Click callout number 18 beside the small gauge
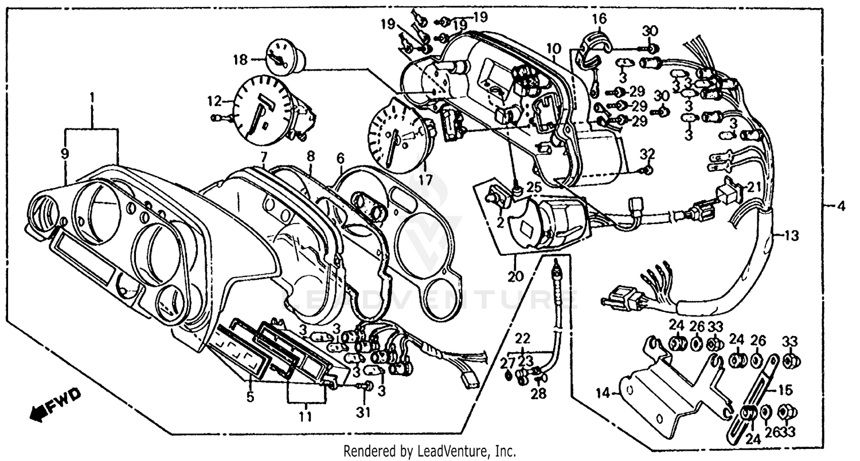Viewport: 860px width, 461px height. tap(240, 60)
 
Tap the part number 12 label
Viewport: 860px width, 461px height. tap(214, 102)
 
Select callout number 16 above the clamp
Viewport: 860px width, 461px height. tap(599, 19)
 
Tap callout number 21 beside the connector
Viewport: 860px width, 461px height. tap(752, 187)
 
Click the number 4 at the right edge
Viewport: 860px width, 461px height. tap(841, 205)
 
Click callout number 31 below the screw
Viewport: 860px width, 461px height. tap(365, 412)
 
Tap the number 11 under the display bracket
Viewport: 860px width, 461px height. tap(305, 417)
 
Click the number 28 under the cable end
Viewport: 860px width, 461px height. tap(538, 393)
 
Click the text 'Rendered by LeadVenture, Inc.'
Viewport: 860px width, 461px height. tap(429, 451)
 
